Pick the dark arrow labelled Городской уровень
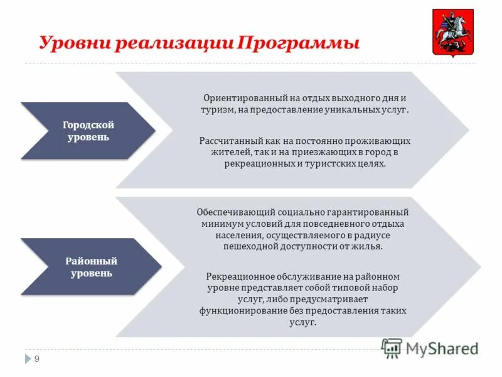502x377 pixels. click(88, 131)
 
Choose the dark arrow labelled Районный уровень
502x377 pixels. click(91, 267)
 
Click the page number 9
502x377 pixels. click(37, 359)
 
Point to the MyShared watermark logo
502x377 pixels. click(430, 347)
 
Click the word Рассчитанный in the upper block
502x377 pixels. click(228, 141)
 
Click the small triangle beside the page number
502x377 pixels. click(27, 359)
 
